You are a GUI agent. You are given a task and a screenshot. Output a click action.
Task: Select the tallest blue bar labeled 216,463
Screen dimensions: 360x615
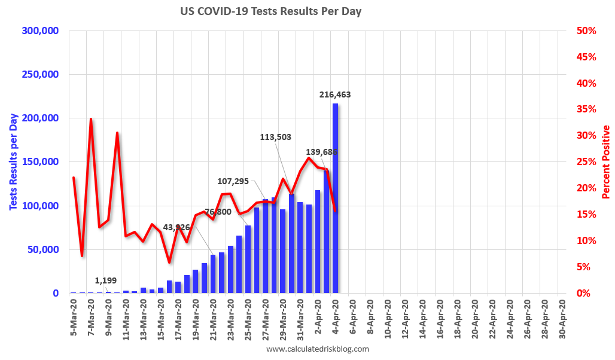(335, 197)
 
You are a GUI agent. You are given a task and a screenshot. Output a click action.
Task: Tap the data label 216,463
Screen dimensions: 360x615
(334, 94)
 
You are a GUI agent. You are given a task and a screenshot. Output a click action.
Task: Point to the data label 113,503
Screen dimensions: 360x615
(275, 137)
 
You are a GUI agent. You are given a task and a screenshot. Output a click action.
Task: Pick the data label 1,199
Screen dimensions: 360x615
(106, 280)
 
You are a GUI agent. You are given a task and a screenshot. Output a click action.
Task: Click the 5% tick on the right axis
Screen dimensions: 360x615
(584, 267)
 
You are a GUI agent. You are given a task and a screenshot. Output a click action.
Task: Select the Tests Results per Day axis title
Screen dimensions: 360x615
(13, 162)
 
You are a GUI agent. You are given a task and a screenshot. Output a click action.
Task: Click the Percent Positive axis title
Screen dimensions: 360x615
(606, 162)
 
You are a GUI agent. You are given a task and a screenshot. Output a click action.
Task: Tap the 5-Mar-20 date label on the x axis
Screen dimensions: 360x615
(74, 317)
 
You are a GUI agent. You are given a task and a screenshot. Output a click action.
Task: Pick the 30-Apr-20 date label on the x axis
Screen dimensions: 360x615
(562, 317)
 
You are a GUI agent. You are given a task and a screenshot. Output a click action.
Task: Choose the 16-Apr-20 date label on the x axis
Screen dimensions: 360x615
(440, 317)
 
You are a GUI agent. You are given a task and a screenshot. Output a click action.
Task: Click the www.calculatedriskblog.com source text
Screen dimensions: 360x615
(317, 349)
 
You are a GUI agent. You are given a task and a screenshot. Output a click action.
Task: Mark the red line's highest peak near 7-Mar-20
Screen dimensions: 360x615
(91, 119)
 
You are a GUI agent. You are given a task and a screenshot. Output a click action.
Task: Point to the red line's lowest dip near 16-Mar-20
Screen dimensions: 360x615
(169, 262)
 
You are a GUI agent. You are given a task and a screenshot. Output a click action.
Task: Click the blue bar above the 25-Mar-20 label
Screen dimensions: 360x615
(248, 259)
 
